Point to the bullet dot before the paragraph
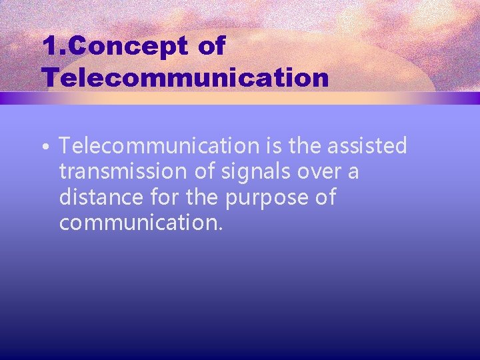point(49,146)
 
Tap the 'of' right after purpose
point(324,197)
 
